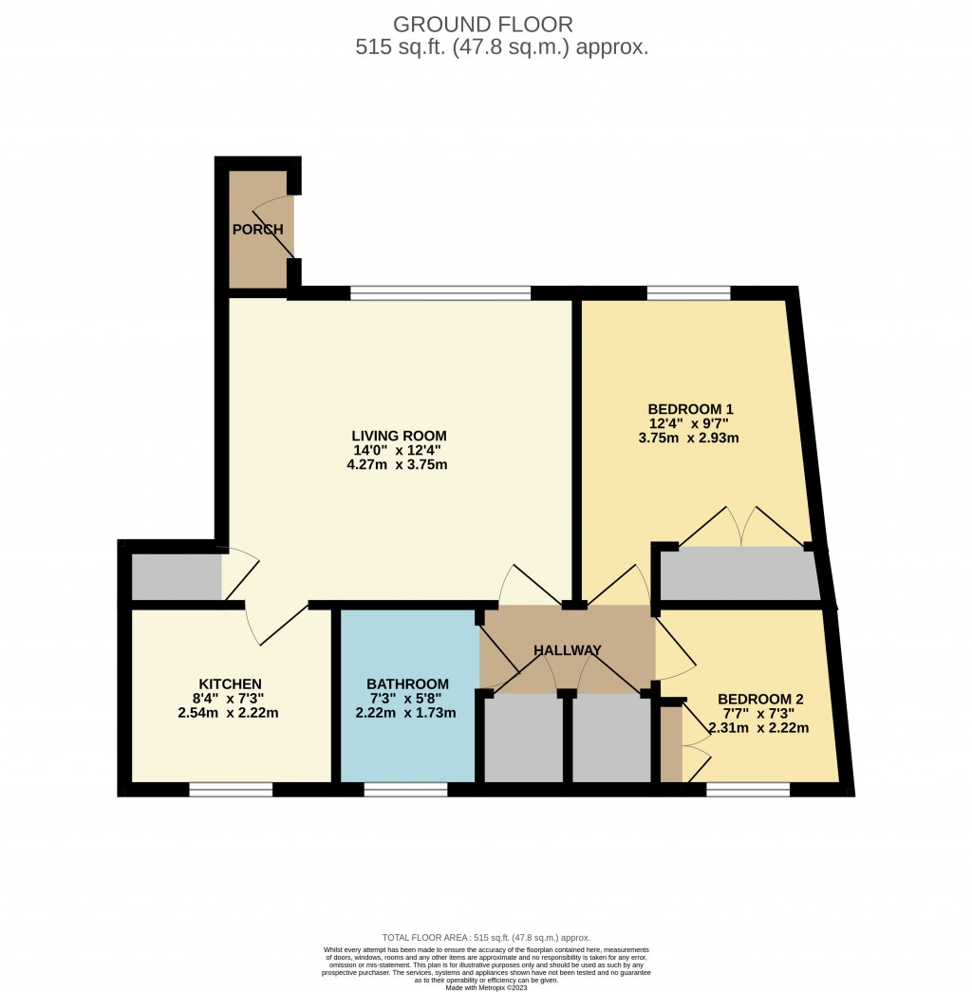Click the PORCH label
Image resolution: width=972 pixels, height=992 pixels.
pyautogui.click(x=258, y=230)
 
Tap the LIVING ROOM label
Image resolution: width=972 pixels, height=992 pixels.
pyautogui.click(x=398, y=436)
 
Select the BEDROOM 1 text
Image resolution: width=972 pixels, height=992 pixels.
pyautogui.click(x=690, y=409)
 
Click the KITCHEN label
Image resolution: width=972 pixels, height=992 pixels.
pyautogui.click(x=230, y=683)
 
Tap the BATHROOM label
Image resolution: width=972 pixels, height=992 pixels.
pyautogui.click(x=408, y=683)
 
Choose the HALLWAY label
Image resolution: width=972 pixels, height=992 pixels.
pyautogui.click(x=568, y=650)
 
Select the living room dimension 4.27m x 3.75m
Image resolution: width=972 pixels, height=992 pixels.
pyautogui.click(x=398, y=465)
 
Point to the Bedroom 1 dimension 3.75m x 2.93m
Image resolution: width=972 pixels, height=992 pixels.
pyautogui.click(x=690, y=439)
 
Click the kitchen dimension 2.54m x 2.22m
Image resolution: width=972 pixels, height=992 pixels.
pyautogui.click(x=230, y=713)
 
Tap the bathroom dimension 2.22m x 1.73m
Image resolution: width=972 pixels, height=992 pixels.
pyautogui.click(x=408, y=713)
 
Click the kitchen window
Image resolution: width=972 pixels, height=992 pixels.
pyautogui.click(x=231, y=789)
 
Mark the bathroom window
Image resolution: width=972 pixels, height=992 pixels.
pyautogui.click(x=405, y=789)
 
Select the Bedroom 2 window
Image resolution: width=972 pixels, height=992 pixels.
pyautogui.click(x=748, y=789)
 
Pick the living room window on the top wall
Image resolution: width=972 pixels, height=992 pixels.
pyautogui.click(x=440, y=292)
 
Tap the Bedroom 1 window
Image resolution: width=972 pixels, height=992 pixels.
pyautogui.click(x=689, y=292)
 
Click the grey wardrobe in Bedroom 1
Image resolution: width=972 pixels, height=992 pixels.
pyautogui.click(x=738, y=574)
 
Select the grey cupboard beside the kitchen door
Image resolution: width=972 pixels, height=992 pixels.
pyautogui.click(x=177, y=577)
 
